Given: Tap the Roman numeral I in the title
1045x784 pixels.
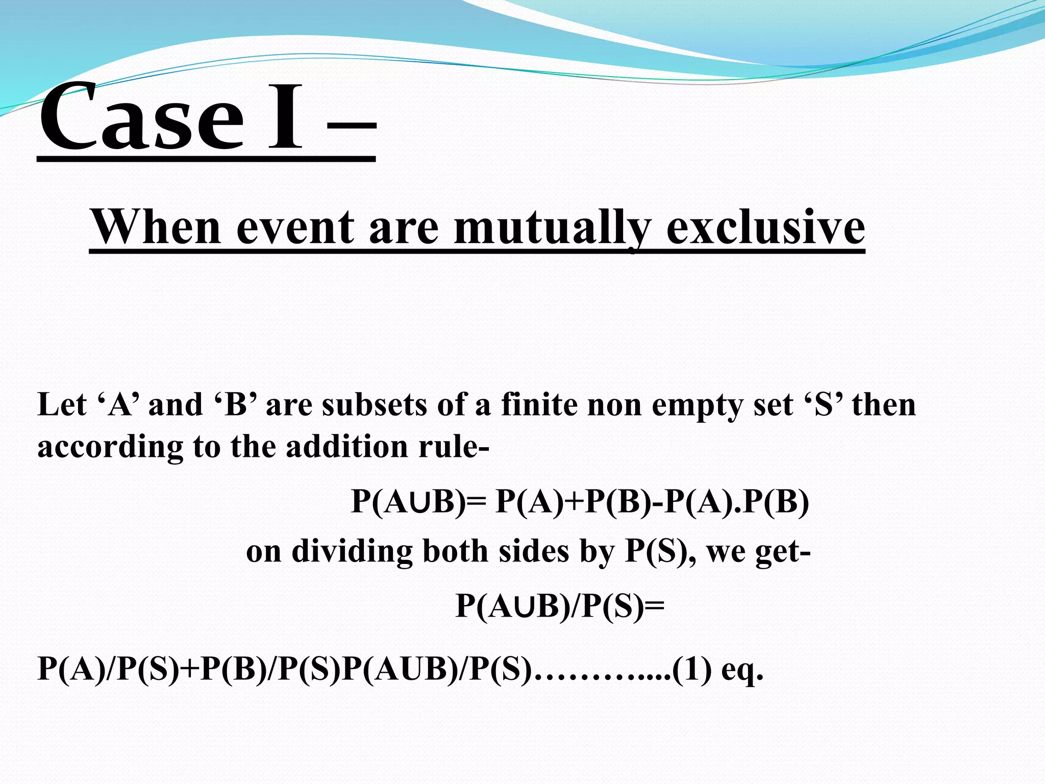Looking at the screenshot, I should [x=285, y=118].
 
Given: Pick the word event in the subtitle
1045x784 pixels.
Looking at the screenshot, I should [x=295, y=228].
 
